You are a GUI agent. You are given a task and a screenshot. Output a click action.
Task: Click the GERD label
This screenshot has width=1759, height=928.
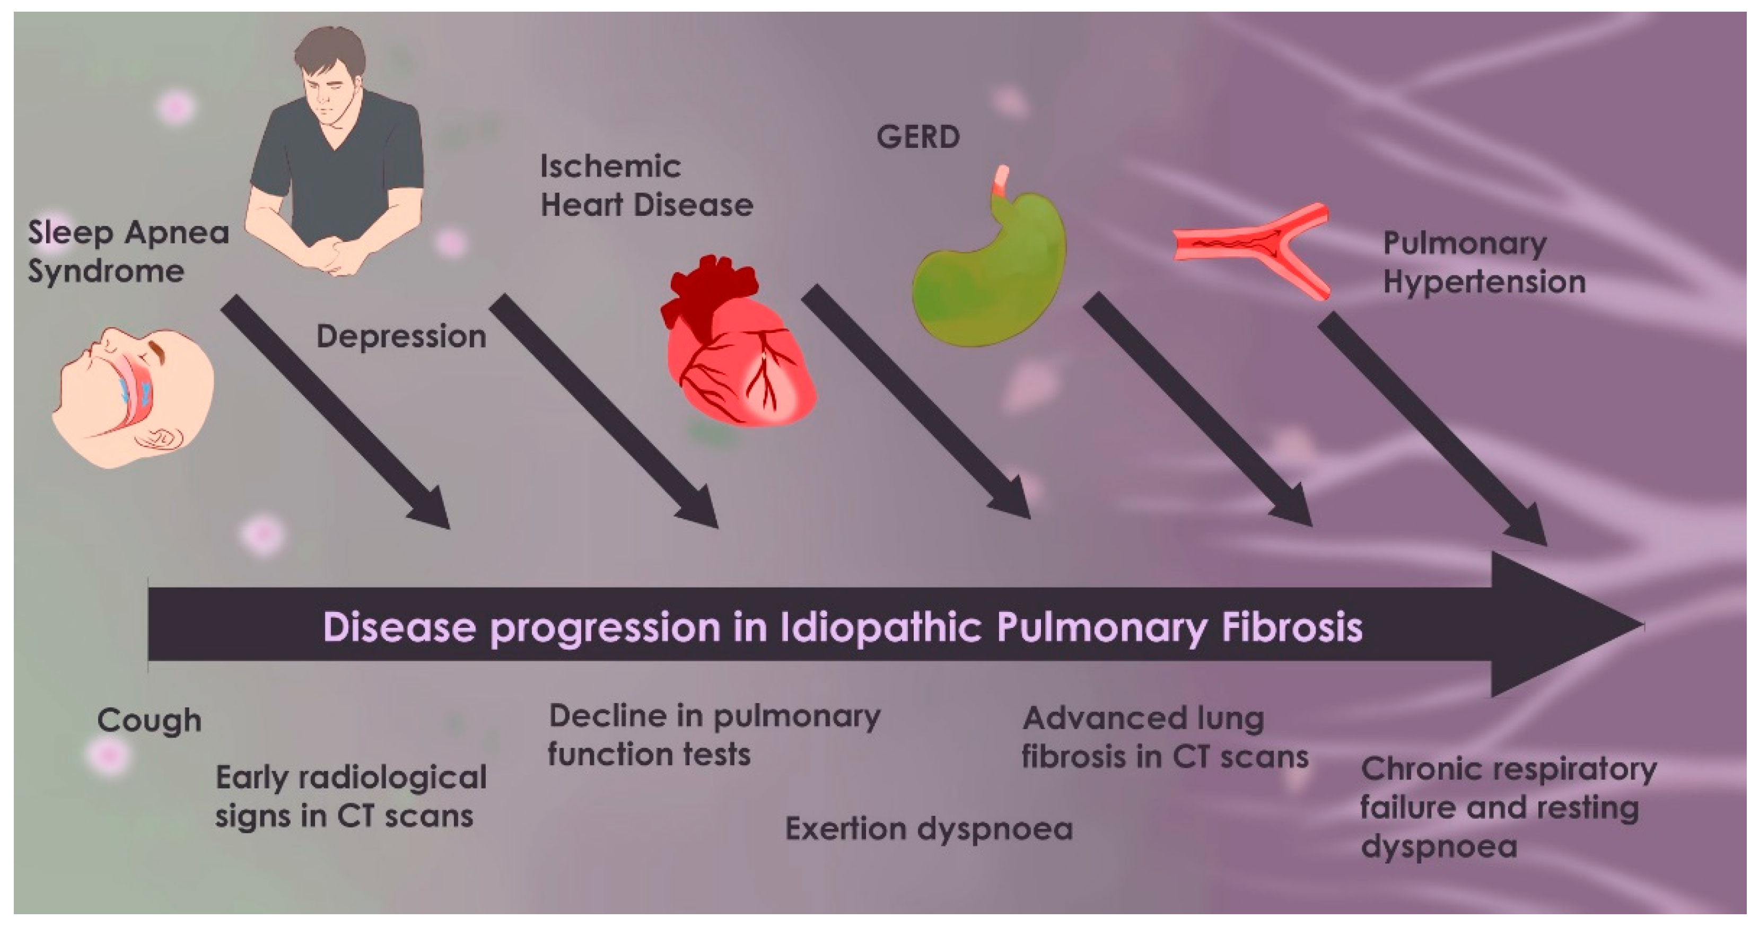pos(918,137)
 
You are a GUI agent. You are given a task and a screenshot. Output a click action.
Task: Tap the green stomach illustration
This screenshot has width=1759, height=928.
pos(990,273)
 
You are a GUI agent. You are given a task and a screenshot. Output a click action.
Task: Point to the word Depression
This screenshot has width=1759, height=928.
pos(401,337)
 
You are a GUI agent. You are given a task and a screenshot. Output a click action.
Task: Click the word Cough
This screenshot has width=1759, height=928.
pos(149,721)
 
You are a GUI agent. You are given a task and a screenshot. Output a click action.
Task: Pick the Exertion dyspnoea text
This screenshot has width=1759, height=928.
pos(929,829)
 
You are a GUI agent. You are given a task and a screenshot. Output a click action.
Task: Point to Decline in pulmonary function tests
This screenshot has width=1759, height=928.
pos(714,736)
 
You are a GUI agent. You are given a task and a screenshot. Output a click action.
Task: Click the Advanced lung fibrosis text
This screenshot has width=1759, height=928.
pos(1164,738)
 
